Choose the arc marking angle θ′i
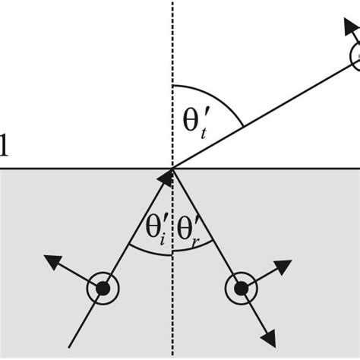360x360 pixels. (x=148, y=251)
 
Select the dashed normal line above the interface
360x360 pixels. (x=173, y=46)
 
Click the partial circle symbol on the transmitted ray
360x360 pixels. (x=354, y=56)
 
